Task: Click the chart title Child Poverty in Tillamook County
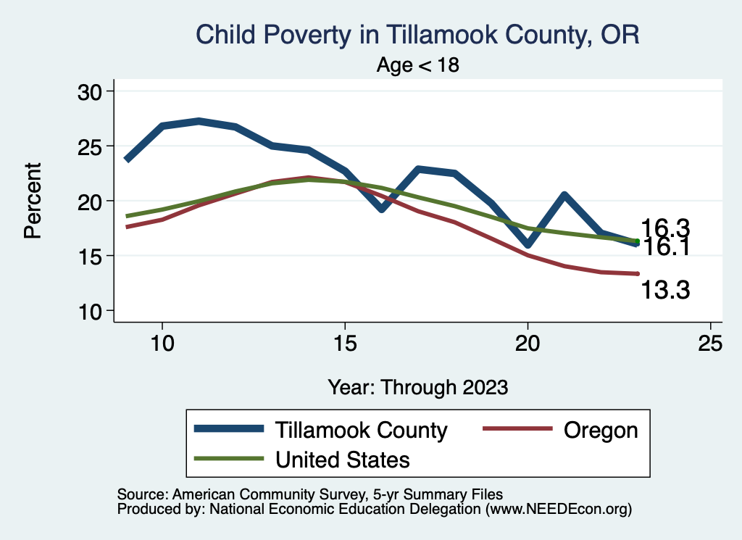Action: [x=418, y=35]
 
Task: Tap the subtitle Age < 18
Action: [x=418, y=65]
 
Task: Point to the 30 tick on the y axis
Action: [x=92, y=91]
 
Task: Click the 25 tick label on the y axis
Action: [x=92, y=146]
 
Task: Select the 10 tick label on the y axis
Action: [x=92, y=311]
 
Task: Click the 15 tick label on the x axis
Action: [x=345, y=344]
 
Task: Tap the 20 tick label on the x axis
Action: [x=528, y=344]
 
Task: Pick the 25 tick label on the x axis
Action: [x=710, y=344]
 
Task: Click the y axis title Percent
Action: [x=32, y=201]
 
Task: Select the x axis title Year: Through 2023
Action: [x=417, y=386]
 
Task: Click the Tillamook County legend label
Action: [x=361, y=430]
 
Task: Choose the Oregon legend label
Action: [x=600, y=430]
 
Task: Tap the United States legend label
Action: [x=342, y=459]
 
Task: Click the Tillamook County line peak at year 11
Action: [x=199, y=121]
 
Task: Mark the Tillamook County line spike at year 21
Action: [x=564, y=195]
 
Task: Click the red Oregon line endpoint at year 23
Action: [x=637, y=273]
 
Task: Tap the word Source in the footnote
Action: [x=140, y=494]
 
